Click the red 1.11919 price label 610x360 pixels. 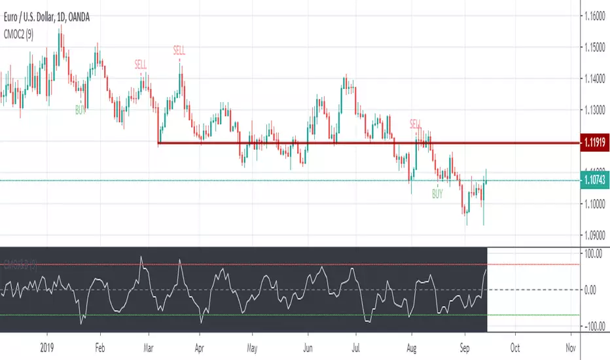tap(594, 143)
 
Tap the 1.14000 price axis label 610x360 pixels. tap(595, 79)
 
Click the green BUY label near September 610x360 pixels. tap(437, 194)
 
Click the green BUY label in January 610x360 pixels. tap(80, 111)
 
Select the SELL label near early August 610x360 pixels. tap(416, 123)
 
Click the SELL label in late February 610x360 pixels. tap(141, 64)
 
